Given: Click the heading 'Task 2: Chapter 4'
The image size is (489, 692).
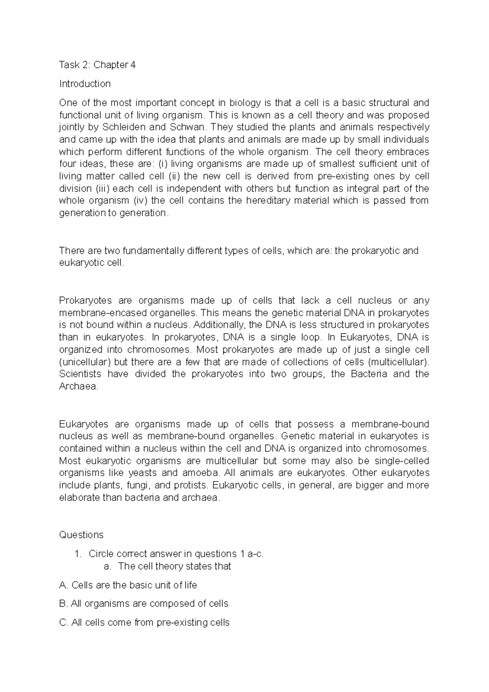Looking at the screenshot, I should coord(97,65).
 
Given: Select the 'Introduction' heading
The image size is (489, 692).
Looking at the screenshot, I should coord(85,84).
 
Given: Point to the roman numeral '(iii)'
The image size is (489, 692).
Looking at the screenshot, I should coord(103,189).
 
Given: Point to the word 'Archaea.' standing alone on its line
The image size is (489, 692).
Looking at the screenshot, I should coord(79,387).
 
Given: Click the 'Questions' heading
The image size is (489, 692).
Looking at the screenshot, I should coord(81,535).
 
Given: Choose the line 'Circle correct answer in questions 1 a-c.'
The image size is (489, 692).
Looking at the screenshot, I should coord(176,554).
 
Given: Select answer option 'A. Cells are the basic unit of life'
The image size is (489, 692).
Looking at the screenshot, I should coord(128,585).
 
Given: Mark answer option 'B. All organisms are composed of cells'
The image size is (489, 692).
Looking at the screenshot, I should coord(143,604).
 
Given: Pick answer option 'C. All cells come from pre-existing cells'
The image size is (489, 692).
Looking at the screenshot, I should coord(144,623).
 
